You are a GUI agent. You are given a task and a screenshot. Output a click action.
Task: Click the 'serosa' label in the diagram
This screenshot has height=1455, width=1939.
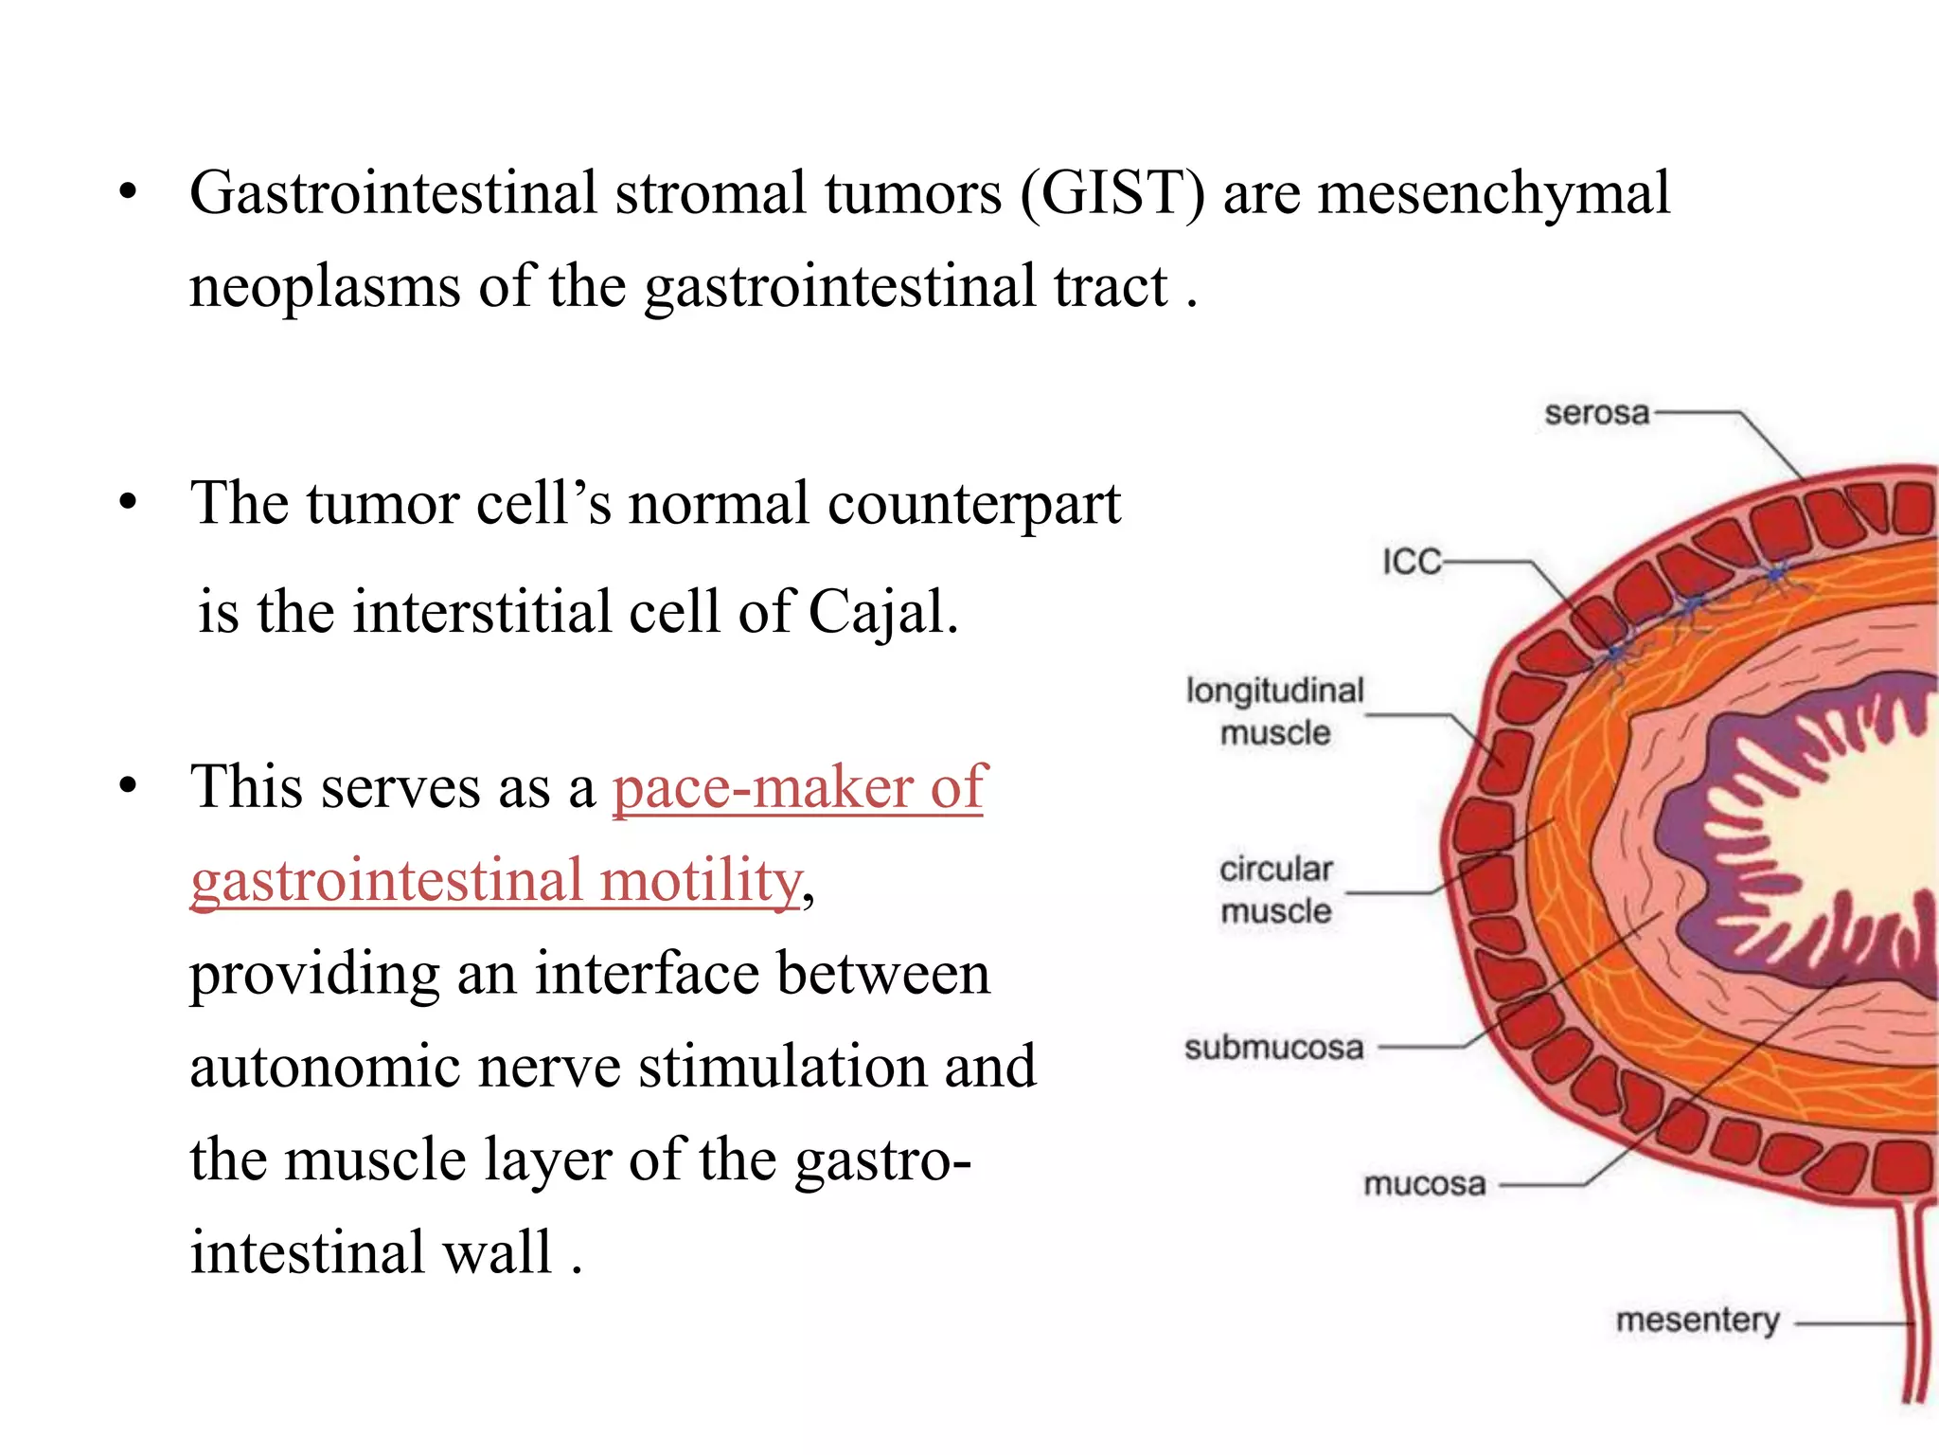coord(1596,413)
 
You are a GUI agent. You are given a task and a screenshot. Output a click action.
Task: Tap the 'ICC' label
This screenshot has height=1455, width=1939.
coord(1411,562)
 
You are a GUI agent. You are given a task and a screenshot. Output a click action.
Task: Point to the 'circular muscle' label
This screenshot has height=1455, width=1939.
coord(1275,889)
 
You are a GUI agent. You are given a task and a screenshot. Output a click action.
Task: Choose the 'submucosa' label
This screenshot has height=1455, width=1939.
coord(1273,1048)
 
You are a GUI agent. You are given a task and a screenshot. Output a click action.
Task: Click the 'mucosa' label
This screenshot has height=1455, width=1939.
coord(1424,1184)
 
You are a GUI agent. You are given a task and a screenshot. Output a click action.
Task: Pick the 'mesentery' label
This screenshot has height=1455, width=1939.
coord(1697,1320)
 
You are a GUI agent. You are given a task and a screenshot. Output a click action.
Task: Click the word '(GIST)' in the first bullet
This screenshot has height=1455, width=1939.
coord(1112,194)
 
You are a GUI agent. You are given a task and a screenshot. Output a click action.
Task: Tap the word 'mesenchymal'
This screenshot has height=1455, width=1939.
coord(1493,194)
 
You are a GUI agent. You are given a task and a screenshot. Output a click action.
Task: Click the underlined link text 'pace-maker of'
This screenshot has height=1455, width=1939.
coord(799,787)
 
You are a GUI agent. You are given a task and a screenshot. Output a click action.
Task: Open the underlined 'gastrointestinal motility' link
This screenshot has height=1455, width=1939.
coord(496,880)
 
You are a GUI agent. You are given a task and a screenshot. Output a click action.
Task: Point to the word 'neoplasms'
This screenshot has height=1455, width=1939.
coord(325,287)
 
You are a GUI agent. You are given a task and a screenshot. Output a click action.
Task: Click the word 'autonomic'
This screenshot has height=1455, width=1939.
coord(325,1066)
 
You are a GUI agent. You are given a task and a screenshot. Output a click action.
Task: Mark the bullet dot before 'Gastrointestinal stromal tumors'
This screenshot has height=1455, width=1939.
coord(128,194)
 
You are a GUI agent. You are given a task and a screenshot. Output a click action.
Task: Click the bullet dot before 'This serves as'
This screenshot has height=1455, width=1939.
coord(128,786)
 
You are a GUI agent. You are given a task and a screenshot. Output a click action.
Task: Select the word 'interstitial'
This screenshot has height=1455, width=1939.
coord(482,612)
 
